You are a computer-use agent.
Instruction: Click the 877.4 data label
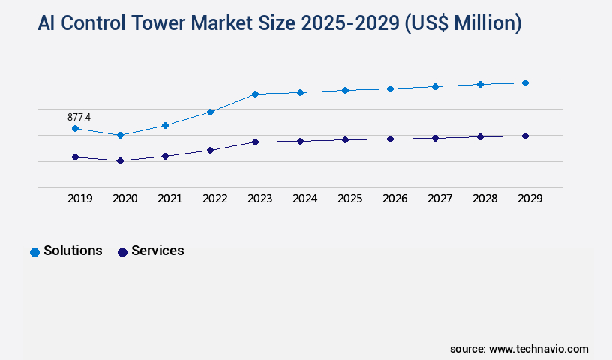tap(79, 117)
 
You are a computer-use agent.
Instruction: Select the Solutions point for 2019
tap(75, 129)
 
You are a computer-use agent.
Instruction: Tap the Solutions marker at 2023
tap(255, 94)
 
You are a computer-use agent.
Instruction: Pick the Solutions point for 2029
tap(525, 82)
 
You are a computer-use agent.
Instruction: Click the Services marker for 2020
tap(120, 160)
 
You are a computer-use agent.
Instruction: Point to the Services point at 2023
tap(255, 142)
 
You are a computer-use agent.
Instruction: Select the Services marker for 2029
tap(525, 136)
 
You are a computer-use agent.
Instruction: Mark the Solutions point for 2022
tap(210, 112)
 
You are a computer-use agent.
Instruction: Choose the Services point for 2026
tap(390, 139)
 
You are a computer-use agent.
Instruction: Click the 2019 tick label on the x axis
tap(80, 199)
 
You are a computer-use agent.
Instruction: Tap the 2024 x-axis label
tap(305, 199)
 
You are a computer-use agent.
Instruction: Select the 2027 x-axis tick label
tap(440, 199)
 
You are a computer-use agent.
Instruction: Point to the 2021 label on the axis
tap(170, 199)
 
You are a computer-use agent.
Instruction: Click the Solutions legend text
tap(73, 251)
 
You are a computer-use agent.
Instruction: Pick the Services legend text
tap(157, 251)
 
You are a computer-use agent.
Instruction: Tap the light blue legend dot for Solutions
tap(34, 252)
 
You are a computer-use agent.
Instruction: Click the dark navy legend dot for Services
tap(122, 252)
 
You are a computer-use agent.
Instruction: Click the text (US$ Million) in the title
tap(463, 23)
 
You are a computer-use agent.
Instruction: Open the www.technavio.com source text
tap(538, 349)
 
